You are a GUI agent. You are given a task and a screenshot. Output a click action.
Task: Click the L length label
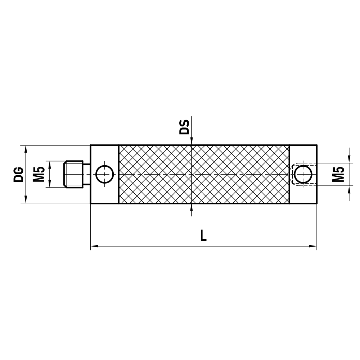pos(203,236)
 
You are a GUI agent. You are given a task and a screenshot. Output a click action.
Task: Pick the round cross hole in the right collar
pos(303,174)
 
